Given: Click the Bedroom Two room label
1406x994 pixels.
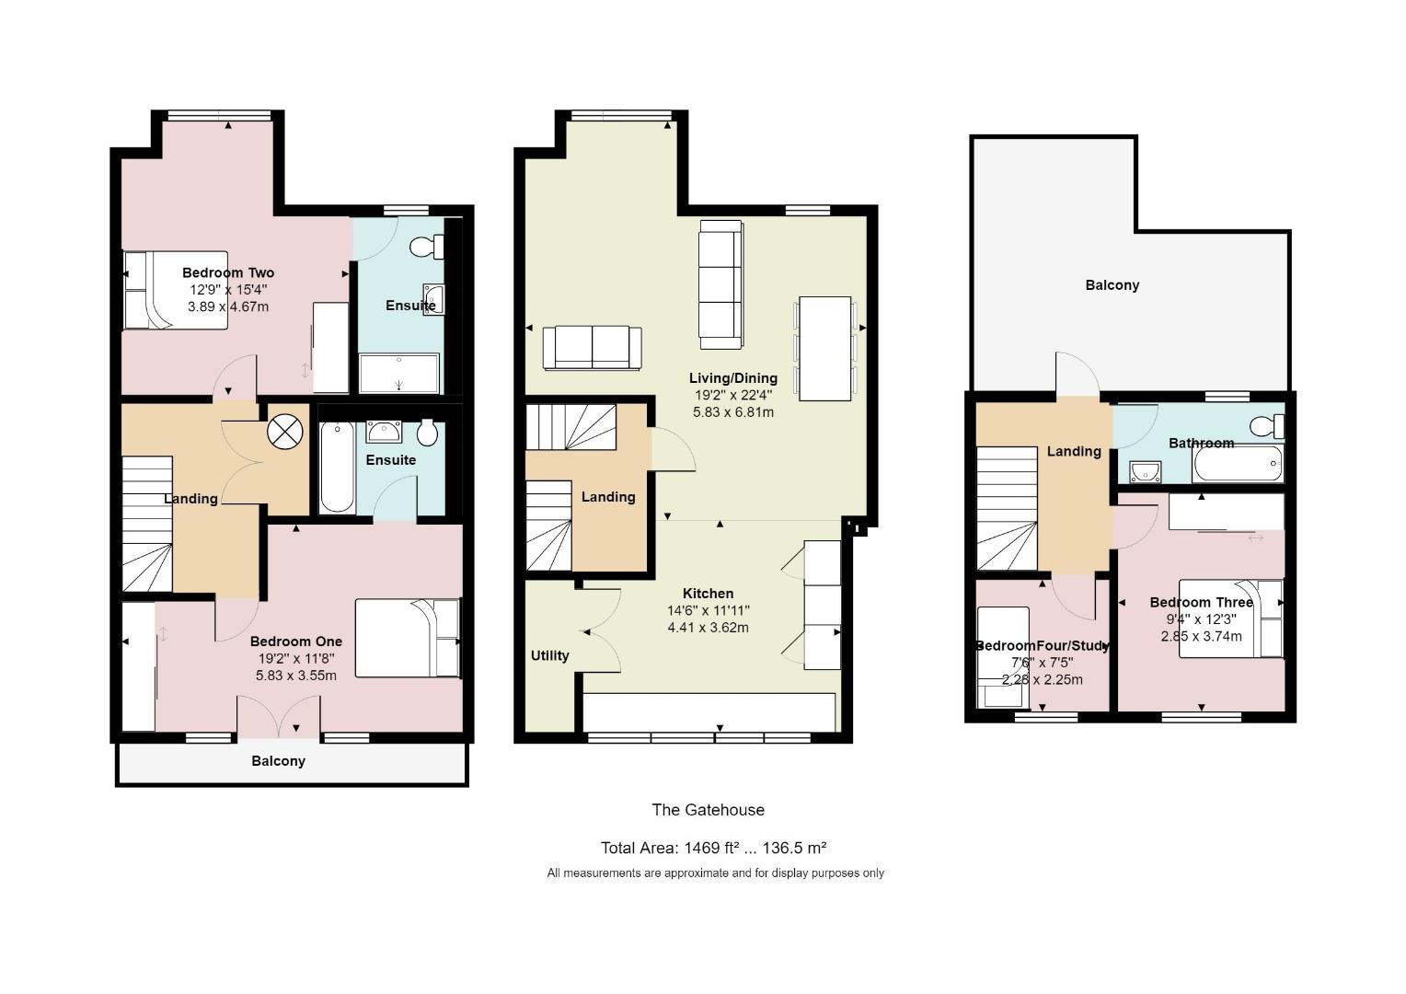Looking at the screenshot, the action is (228, 272).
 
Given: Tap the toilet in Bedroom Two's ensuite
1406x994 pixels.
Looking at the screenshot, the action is (427, 246).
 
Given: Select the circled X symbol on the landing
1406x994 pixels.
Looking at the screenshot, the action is (285, 432).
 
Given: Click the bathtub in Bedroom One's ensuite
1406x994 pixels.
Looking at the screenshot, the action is (337, 467).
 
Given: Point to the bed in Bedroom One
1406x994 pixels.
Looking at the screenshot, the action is (408, 638).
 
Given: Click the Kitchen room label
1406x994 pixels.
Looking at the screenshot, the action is (708, 594).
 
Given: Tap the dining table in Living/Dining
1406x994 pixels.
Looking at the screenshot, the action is (824, 349).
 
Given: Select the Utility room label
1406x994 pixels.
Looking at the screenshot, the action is (550, 655).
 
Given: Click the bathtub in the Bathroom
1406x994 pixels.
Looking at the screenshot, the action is (1238, 463).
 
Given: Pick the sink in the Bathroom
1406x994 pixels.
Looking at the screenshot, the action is (1146, 471).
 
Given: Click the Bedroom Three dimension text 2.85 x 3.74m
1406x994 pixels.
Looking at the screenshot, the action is (1202, 636).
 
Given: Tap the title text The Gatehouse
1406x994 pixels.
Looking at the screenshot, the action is (708, 810).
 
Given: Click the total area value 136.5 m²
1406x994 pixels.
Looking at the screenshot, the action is (794, 849).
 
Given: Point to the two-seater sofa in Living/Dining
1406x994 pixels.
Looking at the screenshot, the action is (592, 347).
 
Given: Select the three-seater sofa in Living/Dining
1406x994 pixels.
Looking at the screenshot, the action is (721, 284).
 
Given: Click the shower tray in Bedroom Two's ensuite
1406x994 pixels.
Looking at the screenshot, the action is (399, 373).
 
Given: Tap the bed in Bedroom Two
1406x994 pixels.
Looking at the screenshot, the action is (176, 290).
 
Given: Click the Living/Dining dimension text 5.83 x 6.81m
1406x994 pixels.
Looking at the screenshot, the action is (733, 412).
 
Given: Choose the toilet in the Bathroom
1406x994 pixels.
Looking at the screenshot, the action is (1267, 426).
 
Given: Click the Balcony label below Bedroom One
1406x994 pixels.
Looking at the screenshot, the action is (278, 761).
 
